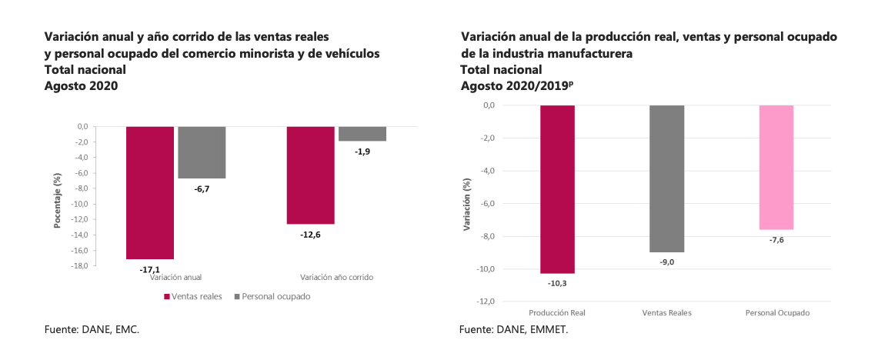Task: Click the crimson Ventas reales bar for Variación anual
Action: (150, 192)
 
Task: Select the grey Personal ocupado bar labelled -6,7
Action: (202, 152)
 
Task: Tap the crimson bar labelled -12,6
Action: (310, 175)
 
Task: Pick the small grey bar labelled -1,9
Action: (362, 134)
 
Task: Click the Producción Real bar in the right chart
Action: (557, 188)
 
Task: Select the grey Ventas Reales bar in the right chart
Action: (666, 178)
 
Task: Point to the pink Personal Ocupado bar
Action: (776, 167)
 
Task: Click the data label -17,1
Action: (150, 270)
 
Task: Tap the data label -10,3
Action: (557, 284)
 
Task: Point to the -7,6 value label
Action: (776, 240)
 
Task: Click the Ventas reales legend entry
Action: (195, 296)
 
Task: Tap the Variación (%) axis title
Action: (466, 204)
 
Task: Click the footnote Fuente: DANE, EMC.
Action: (92, 329)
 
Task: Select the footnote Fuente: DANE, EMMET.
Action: (513, 329)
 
